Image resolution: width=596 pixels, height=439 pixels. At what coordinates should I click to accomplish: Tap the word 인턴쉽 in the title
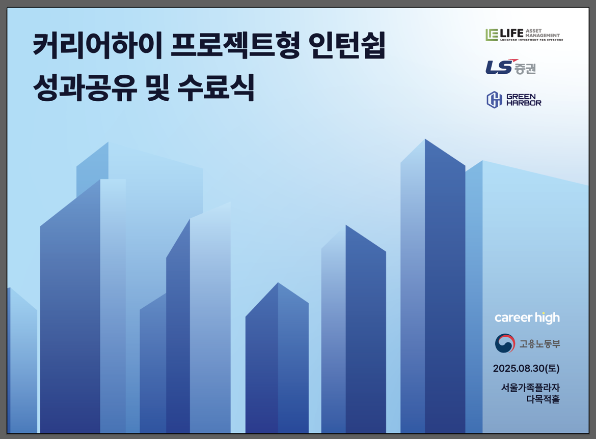(347, 46)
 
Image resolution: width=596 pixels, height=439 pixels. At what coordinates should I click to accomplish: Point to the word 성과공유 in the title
(85, 87)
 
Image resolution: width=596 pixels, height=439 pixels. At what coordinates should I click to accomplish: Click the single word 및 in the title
(158, 87)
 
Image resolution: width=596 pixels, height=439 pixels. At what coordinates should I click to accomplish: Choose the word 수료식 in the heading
(216, 87)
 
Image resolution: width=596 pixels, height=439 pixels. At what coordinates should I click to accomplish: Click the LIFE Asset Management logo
(524, 35)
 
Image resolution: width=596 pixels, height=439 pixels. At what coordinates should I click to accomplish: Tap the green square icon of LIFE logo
(492, 35)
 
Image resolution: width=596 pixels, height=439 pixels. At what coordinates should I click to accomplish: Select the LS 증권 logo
(510, 67)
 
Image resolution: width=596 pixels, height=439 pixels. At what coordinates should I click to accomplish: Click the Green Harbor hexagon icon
(494, 100)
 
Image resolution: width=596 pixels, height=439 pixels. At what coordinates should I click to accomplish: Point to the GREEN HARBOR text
(524, 100)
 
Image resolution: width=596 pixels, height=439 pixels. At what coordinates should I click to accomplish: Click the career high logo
(527, 318)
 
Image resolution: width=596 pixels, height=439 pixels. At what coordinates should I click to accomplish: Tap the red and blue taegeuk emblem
(505, 343)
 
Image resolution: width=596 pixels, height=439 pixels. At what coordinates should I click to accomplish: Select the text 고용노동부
(540, 344)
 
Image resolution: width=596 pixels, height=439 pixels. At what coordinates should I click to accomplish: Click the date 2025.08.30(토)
(526, 368)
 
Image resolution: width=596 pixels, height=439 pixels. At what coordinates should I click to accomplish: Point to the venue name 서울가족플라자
(530, 388)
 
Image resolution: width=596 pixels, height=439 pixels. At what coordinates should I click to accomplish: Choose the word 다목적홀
(543, 399)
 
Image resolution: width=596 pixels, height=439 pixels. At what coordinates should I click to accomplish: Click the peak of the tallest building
(425, 139)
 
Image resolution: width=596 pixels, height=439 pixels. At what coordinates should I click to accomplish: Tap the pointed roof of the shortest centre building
(278, 283)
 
